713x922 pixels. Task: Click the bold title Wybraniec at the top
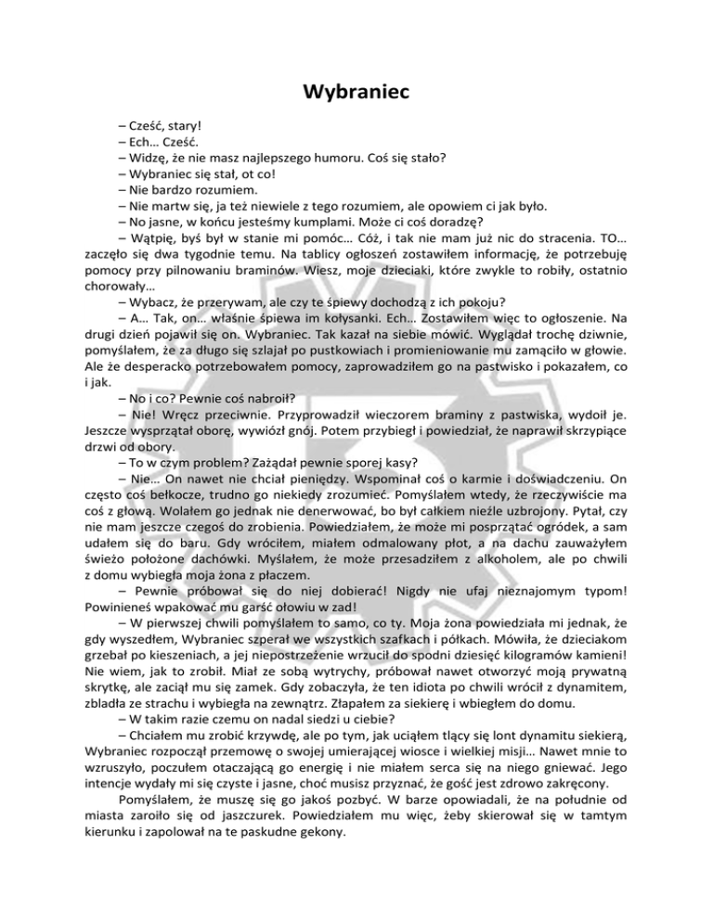pos(356,93)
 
